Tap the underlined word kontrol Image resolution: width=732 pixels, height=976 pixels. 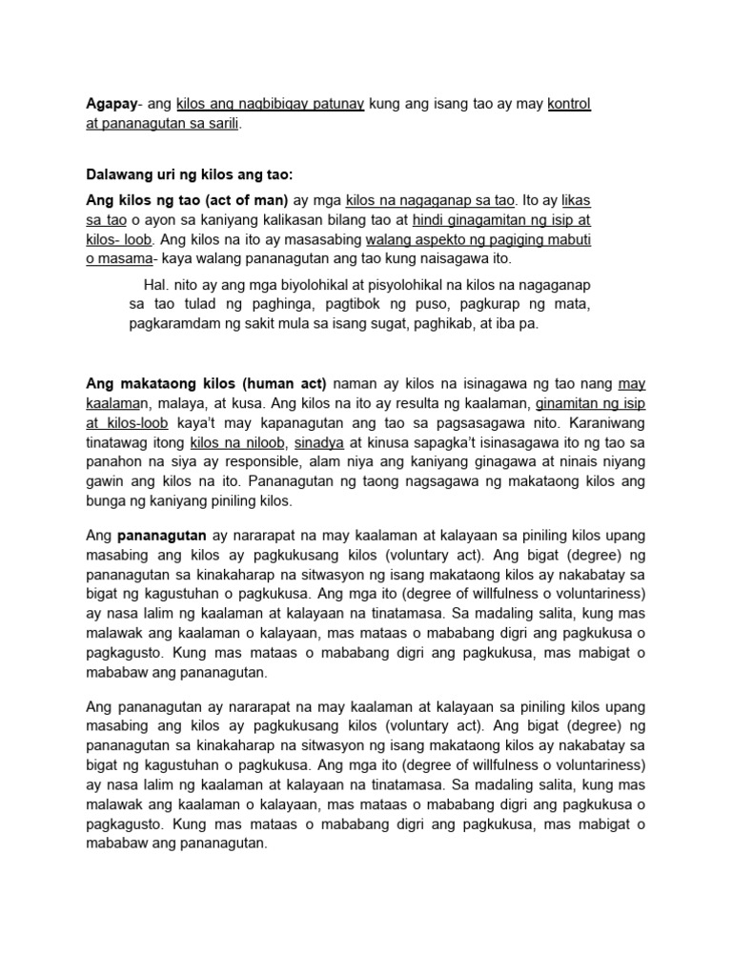pos(569,103)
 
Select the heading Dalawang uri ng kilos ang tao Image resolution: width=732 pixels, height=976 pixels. pos(189,174)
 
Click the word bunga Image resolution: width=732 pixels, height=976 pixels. pos(107,501)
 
